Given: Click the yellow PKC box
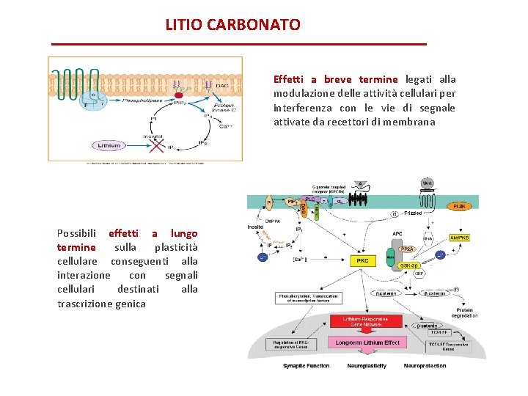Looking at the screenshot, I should (x=362, y=260).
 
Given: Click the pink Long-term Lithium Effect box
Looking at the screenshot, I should (x=367, y=342).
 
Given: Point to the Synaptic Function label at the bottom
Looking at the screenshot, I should (x=306, y=366).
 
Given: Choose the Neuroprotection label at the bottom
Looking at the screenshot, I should (x=425, y=366).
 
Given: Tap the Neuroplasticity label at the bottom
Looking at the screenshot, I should (x=367, y=366).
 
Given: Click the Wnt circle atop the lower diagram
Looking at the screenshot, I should (x=426, y=183).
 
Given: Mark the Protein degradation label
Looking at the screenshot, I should (x=466, y=312).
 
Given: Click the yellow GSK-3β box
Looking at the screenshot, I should (x=409, y=265).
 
